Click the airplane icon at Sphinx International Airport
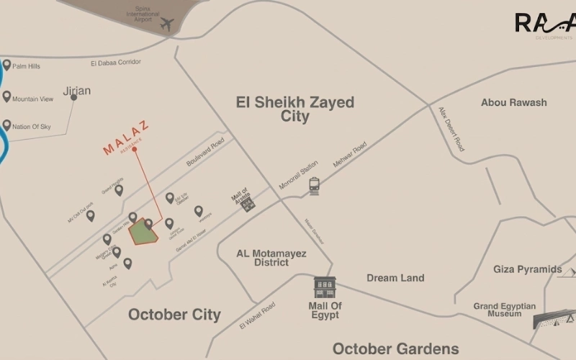coord(167,24)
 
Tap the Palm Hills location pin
coord(6,66)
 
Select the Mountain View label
coord(33,99)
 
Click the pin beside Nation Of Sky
coord(6,125)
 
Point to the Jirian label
coord(77,91)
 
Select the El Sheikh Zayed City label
coord(295,109)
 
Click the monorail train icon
coord(314,186)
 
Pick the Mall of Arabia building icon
coord(248,204)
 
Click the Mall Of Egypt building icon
coord(325,287)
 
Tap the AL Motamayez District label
coord(271,258)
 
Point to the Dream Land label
coord(395,278)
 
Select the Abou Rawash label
coord(513,103)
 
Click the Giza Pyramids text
coord(527,269)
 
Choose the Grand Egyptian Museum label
coord(504,310)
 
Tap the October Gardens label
coord(395,348)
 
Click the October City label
coord(174,315)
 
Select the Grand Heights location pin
coord(119,190)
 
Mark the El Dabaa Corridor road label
coord(116,63)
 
